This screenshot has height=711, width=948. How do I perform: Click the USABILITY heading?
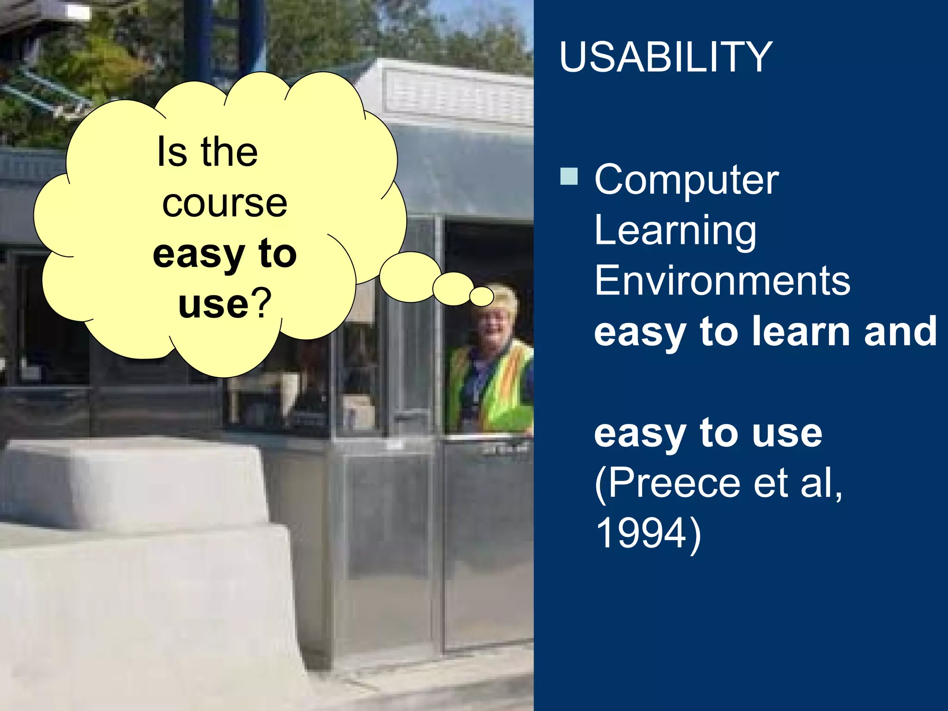pos(665,57)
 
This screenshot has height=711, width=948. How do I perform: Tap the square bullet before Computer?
pos(569,176)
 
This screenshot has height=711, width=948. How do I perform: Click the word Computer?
pos(686,180)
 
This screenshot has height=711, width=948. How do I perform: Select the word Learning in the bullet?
pos(675,231)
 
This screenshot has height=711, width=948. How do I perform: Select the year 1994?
pos(641,533)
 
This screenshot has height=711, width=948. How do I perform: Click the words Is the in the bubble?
pos(207,152)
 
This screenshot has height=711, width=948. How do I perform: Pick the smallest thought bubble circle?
pos(482,296)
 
